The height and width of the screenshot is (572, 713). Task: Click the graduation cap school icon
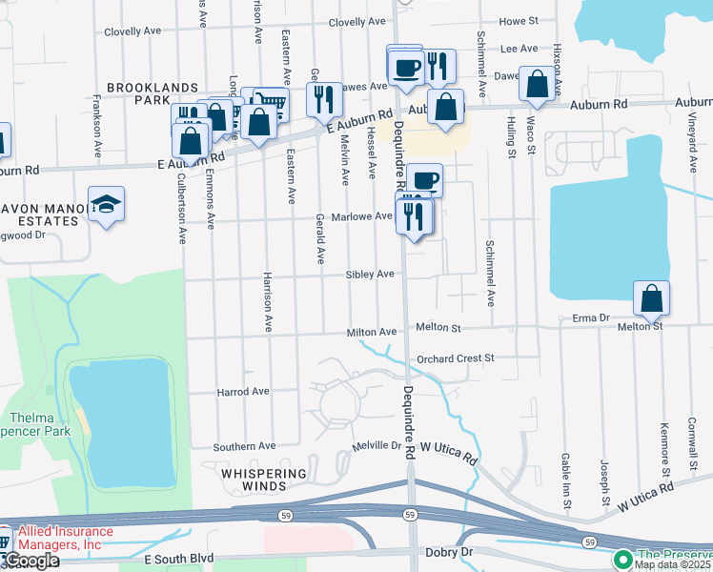coord(106,203)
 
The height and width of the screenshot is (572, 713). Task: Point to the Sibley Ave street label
coord(370,275)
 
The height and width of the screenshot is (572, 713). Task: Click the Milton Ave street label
coord(371,332)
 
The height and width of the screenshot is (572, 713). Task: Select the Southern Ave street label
coord(244,446)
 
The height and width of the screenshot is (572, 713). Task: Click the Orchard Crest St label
coord(457,358)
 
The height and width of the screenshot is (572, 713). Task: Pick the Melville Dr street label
coord(377,445)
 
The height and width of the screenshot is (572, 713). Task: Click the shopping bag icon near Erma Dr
coord(651,297)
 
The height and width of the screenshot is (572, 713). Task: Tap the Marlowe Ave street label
coord(361,217)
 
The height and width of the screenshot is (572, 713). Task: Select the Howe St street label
coord(519,20)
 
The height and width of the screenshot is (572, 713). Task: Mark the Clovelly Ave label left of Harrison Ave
coord(132,31)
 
